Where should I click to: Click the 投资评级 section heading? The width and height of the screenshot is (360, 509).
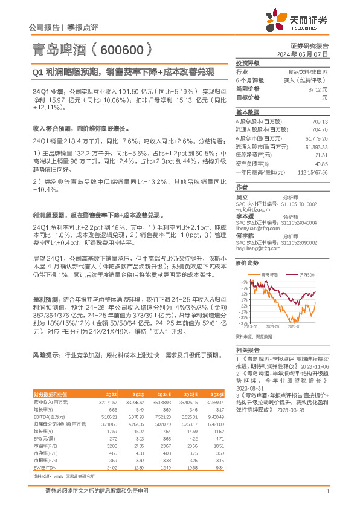tap(248, 63)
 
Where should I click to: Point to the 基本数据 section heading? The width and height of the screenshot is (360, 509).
tap(248, 112)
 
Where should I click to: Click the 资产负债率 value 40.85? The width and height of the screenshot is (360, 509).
tap(320, 164)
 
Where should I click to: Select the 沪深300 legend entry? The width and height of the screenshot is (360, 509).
tap(307, 274)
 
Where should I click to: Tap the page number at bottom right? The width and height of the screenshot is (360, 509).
tap(327, 491)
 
